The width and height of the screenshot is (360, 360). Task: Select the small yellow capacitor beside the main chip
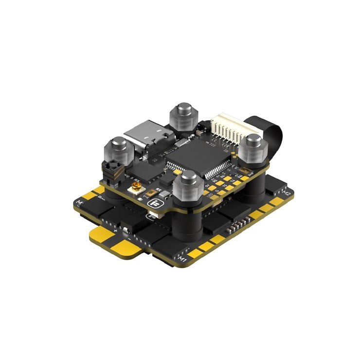178,171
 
